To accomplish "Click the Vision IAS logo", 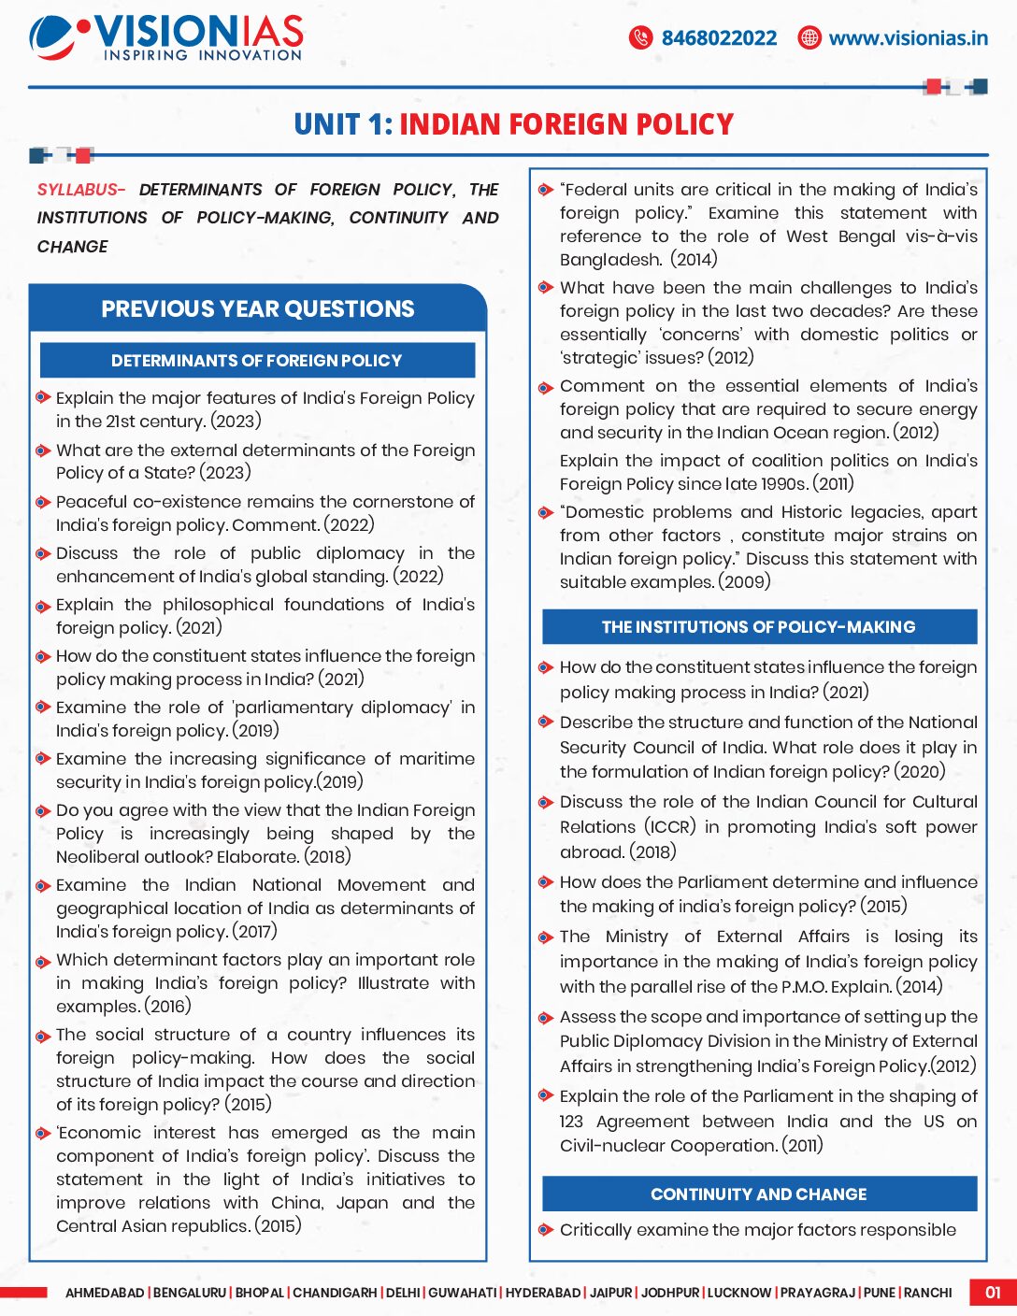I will (166, 37).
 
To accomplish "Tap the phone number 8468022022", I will (719, 38).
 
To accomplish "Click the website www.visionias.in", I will (908, 38).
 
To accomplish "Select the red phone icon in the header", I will (640, 37).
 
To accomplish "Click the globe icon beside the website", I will (809, 37).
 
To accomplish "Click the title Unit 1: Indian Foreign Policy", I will (513, 124).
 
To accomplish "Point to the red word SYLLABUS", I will (80, 190).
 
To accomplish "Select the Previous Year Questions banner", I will (257, 309).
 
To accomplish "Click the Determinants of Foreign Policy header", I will (256, 361).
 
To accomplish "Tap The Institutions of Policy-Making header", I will (758, 627).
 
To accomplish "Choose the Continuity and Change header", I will (758, 1194).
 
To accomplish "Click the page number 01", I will (992, 1293).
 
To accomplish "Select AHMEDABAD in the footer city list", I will (105, 1293).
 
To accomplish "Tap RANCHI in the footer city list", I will (927, 1293).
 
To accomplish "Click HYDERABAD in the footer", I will (543, 1293).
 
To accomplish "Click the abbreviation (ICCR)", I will (669, 827).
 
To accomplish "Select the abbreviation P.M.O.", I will (804, 987).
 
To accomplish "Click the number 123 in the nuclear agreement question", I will (571, 1122).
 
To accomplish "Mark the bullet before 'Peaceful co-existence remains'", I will (42, 502).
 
